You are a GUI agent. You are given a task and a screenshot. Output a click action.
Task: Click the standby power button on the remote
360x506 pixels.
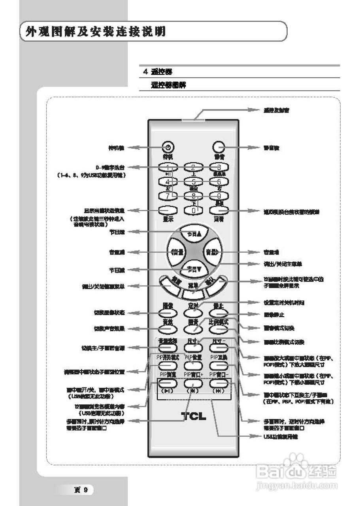pos(168,147)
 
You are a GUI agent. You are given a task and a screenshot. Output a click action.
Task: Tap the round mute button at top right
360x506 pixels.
pos(218,147)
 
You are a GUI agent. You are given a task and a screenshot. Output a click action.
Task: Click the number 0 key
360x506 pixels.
pos(193,211)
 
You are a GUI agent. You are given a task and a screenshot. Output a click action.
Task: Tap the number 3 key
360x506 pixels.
pos(218,167)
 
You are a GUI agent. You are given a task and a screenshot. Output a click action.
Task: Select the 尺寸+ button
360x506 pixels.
pos(193,348)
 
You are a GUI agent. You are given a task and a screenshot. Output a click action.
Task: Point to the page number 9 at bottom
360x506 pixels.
pos(82,490)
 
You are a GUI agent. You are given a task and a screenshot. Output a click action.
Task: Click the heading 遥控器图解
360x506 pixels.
pos(169,85)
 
